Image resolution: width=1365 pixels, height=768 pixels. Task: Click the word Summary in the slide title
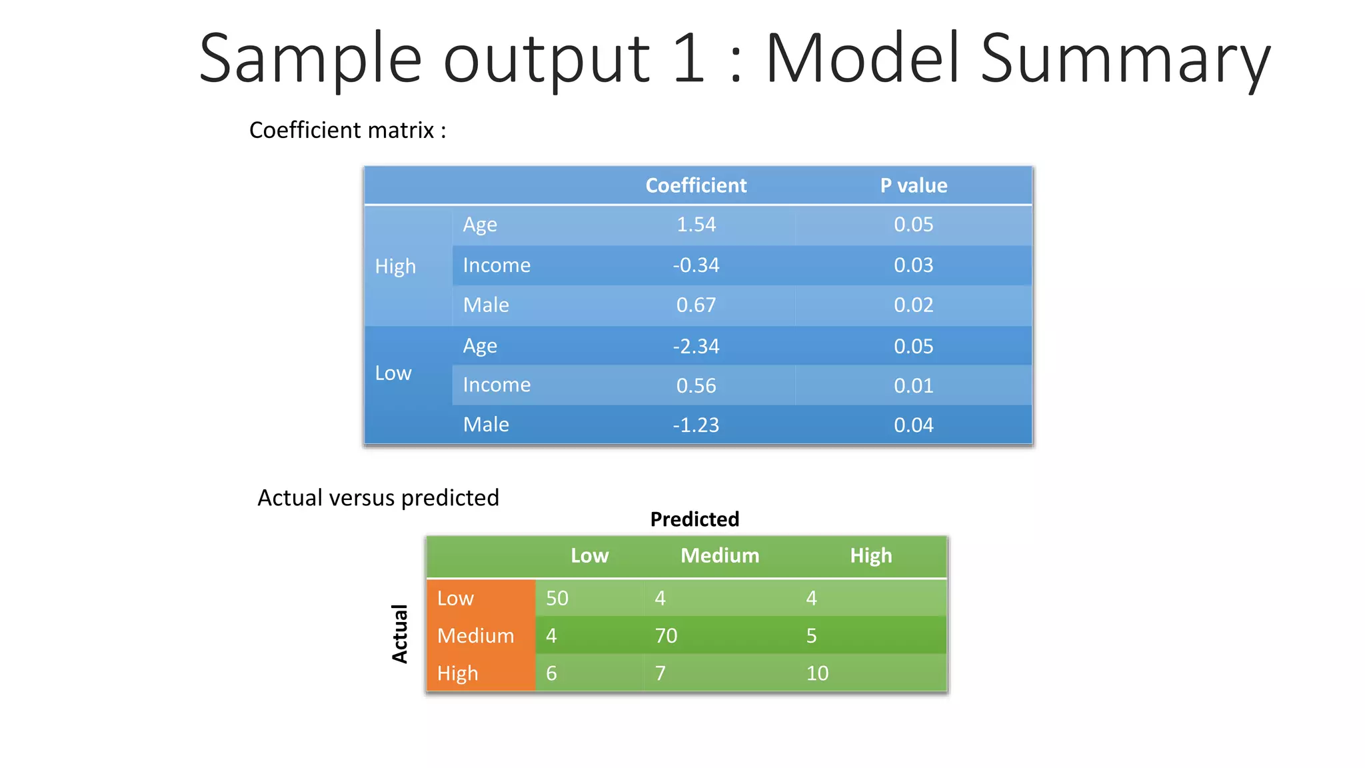pos(1125,60)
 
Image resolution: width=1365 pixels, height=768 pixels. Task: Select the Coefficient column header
pos(696,185)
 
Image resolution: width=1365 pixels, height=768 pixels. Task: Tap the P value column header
pos(913,185)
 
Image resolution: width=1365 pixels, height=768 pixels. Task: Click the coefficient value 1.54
pos(696,225)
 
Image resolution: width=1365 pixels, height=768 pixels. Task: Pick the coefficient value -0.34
pos(696,265)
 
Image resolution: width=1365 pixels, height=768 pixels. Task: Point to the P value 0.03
pos(913,265)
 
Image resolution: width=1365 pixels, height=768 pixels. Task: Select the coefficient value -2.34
pos(696,346)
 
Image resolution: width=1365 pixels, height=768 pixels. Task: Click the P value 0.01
pos(913,385)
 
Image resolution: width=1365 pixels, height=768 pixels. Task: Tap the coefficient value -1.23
pos(696,425)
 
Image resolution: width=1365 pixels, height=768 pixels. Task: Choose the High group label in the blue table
pos(395,266)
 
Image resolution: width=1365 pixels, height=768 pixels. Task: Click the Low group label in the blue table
pos(393,373)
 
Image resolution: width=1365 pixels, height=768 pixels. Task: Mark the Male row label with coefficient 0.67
pos(486,305)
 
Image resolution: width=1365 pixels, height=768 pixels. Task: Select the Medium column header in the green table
pos(720,555)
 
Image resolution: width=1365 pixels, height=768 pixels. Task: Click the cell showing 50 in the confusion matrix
pos(557,598)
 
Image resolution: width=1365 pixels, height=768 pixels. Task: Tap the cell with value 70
pos(666,635)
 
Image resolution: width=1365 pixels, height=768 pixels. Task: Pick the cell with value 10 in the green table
pos(817,673)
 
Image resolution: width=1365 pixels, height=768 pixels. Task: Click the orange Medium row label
pos(475,635)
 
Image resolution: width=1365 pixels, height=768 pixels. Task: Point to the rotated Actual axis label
pos(399,634)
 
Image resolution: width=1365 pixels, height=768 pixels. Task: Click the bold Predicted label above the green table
pos(694,519)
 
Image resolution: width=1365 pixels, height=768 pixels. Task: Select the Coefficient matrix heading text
pos(347,130)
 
